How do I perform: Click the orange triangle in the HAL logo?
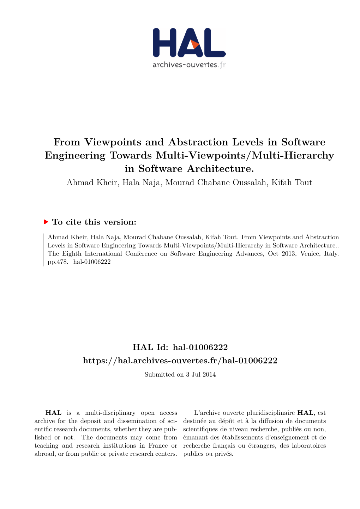(x=194, y=44)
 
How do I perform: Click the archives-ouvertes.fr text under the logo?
(x=189, y=65)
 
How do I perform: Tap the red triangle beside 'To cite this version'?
(x=46, y=222)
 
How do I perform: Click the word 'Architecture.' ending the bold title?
(x=220, y=168)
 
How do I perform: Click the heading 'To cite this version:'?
(x=94, y=222)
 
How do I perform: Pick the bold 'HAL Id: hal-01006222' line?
(x=180, y=347)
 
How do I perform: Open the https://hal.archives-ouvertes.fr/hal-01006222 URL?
(x=180, y=360)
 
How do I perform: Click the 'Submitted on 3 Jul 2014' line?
(x=180, y=375)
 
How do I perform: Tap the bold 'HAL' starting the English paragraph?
(x=54, y=413)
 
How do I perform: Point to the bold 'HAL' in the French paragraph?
(x=305, y=413)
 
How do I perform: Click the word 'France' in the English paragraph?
(x=158, y=445)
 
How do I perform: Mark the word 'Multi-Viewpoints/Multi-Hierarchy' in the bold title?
(x=245, y=155)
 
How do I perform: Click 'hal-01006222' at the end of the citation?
(x=92, y=262)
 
